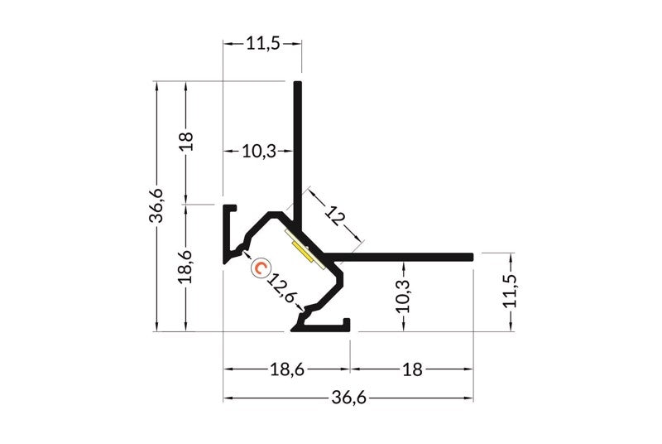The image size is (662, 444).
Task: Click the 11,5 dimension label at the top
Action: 263,44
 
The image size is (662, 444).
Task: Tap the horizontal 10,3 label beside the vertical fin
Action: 259,151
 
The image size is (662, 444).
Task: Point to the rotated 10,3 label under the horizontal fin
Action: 404,296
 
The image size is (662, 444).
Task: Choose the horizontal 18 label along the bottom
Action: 412,369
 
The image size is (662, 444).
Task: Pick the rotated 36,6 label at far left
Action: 156,205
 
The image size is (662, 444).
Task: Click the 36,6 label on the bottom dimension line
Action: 348,398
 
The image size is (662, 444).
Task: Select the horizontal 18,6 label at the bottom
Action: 287,369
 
